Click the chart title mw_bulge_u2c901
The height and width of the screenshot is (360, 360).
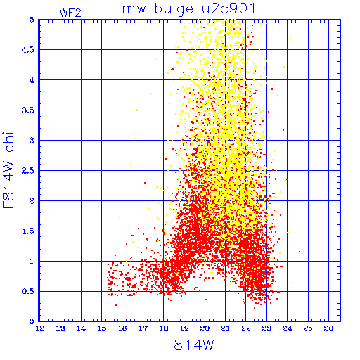188,9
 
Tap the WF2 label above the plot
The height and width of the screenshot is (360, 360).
70,13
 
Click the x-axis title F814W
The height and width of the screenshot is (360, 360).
190,345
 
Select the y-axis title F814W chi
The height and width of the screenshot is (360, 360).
8,170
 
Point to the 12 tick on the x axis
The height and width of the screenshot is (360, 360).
40,328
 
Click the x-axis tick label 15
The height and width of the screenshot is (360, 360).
102,328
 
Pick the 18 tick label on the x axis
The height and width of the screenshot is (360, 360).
164,328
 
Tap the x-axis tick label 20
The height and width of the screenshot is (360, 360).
205,328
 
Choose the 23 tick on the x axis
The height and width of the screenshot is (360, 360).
266,328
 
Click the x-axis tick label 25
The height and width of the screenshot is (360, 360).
308,328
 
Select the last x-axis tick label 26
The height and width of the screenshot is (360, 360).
328,328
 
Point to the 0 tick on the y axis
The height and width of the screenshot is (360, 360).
32,321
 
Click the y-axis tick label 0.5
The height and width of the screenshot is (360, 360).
28,291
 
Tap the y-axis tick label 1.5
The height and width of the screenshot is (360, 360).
28,231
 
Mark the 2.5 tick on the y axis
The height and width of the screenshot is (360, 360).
28,171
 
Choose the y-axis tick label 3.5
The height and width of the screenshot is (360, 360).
28,110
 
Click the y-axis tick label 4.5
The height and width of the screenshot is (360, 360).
28,50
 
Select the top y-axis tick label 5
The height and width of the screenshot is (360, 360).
32,20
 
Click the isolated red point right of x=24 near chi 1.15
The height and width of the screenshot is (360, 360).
300,252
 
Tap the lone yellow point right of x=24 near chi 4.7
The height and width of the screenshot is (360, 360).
291,39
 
